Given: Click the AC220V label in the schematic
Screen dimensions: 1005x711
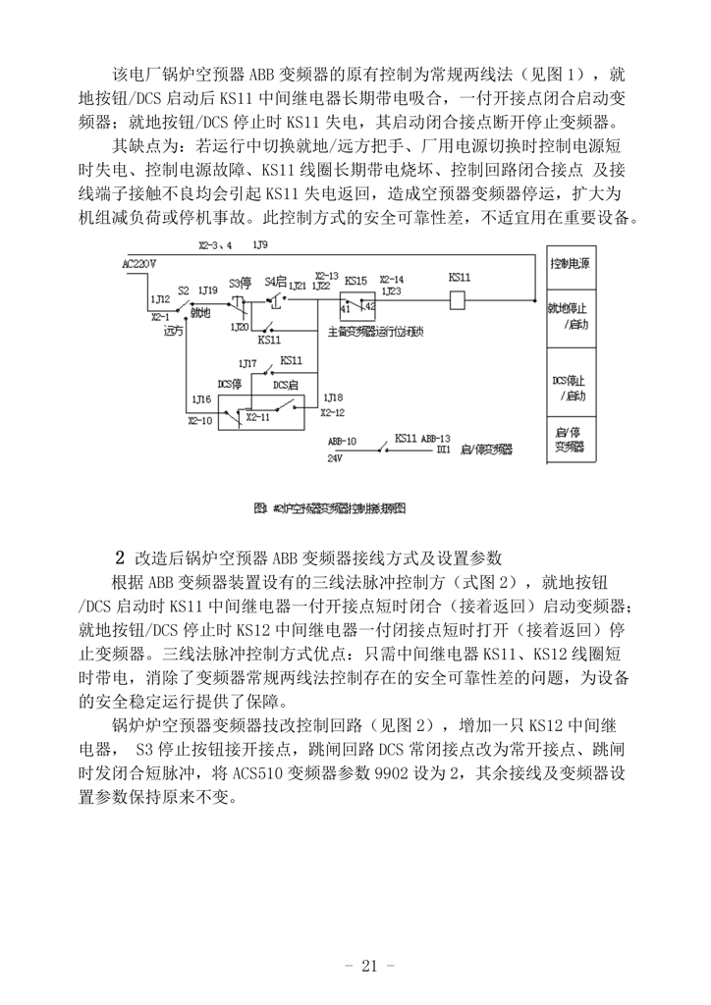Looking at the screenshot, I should [x=138, y=264].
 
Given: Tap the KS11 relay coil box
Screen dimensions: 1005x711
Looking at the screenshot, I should [x=459, y=301].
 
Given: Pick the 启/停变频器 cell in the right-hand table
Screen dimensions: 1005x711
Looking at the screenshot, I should [x=571, y=439].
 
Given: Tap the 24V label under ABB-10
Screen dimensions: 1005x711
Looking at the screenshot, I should [x=336, y=457].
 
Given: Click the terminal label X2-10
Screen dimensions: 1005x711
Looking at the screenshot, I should [x=199, y=420].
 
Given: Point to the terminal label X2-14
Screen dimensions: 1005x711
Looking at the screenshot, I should [x=391, y=278].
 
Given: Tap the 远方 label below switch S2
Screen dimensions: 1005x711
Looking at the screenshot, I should [x=173, y=332].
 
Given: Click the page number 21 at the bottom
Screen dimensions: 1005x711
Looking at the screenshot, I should [x=368, y=966].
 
